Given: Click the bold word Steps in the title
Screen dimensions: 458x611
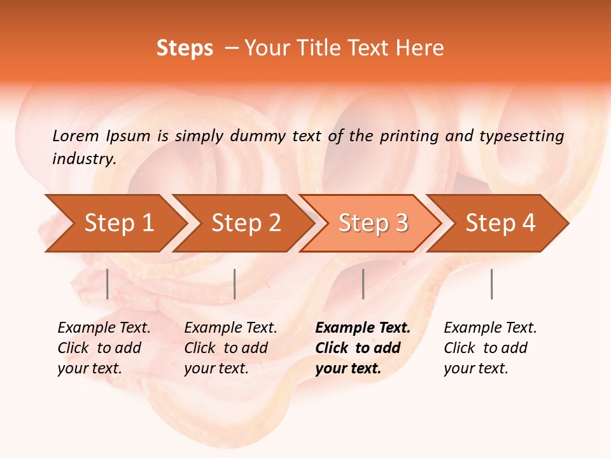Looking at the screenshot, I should (185, 48).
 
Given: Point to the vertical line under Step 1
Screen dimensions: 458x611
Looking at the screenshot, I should (108, 284).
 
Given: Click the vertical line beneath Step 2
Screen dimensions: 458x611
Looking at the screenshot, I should (235, 284).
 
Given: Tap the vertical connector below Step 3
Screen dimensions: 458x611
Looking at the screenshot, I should (363, 284).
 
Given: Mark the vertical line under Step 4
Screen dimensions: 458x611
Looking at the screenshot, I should (491, 284).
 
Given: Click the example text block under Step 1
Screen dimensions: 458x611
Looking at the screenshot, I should (103, 348).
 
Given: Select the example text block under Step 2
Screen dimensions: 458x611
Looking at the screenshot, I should (230, 348).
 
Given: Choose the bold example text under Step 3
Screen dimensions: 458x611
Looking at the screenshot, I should (362, 348).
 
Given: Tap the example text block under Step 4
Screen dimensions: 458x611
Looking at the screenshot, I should (489, 348).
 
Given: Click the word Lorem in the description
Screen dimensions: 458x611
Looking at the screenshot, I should (75, 136).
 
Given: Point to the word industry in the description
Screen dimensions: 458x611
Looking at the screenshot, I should (84, 159).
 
